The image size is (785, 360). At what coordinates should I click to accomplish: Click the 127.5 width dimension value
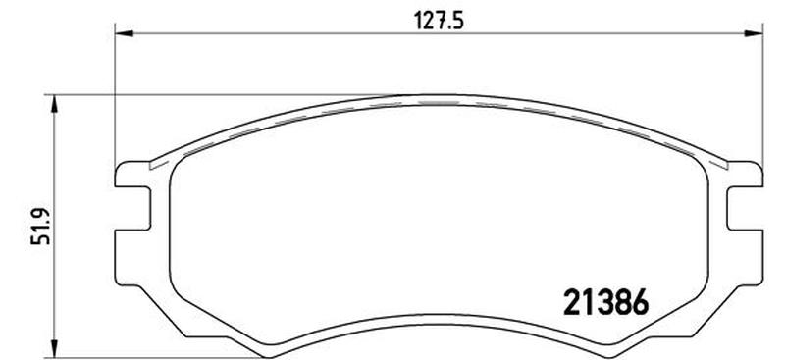[439, 21]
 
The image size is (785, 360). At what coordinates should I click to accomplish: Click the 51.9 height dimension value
[40, 226]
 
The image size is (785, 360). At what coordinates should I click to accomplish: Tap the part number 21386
[606, 302]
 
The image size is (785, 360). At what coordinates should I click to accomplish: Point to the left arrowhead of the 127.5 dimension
[125, 33]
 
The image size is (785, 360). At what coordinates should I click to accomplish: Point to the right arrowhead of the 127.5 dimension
[754, 33]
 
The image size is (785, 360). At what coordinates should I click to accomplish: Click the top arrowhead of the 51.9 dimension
[55, 105]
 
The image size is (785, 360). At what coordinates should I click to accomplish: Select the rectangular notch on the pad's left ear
[132, 208]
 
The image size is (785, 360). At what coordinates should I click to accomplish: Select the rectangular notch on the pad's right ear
[745, 208]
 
